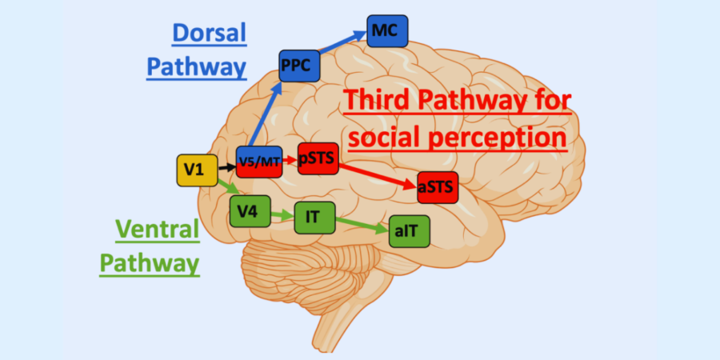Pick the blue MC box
[387, 30]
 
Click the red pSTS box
[317, 158]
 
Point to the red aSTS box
[437, 188]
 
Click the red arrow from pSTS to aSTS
[377, 174]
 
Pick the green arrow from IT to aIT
[360, 224]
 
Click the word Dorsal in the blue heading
[209, 33]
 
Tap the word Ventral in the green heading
[157, 230]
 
